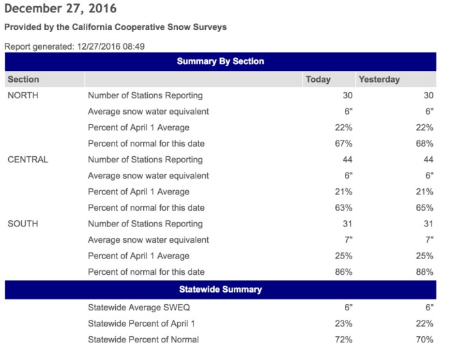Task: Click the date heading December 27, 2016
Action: click(x=60, y=9)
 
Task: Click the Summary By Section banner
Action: click(x=220, y=61)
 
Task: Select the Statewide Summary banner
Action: click(x=220, y=289)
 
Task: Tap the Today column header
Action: click(x=318, y=79)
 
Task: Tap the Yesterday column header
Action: click(x=379, y=79)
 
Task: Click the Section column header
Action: click(x=23, y=79)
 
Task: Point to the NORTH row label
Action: click(x=22, y=95)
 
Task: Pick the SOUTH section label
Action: click(x=22, y=224)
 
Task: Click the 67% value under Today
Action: click(x=343, y=143)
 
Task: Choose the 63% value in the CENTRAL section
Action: click(x=343, y=207)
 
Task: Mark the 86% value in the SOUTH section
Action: click(x=343, y=271)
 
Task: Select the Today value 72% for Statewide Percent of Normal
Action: click(x=343, y=339)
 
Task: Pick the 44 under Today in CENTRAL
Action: click(x=346, y=160)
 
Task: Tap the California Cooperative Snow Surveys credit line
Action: click(x=115, y=27)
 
